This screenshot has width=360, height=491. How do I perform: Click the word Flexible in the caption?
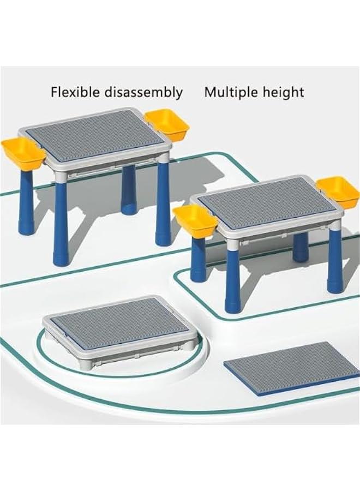pyautogui.click(x=73, y=92)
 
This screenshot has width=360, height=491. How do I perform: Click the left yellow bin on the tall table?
pyautogui.click(x=23, y=153)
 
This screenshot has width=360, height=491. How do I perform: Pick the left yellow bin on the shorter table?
pyautogui.click(x=195, y=221)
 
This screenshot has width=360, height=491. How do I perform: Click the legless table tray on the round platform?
pyautogui.click(x=117, y=327)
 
